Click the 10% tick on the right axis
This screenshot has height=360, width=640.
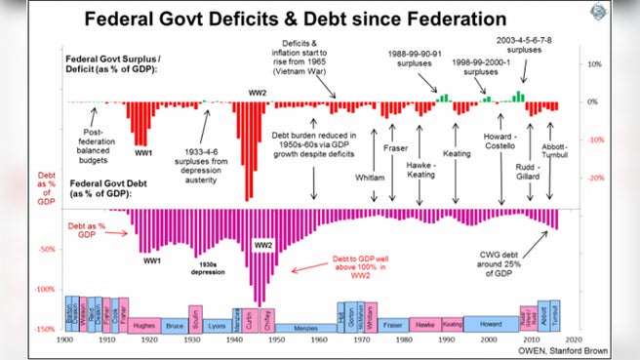pyautogui.click(x=593, y=63)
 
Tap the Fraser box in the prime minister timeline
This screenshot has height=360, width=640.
pyautogui.click(x=391, y=323)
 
